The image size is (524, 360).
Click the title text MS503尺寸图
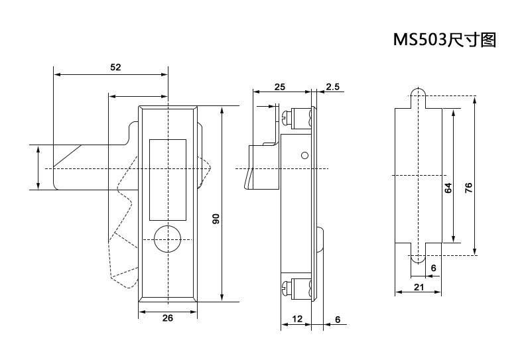click(x=445, y=40)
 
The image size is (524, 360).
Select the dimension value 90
click(x=216, y=219)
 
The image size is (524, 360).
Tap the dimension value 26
click(x=167, y=318)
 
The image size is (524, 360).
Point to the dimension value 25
click(x=279, y=87)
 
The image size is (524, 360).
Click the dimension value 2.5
click(x=332, y=87)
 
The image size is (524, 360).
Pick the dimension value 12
click(x=296, y=319)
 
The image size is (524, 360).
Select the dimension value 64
click(x=448, y=188)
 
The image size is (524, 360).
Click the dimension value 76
click(x=468, y=188)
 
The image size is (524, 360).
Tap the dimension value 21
click(x=419, y=286)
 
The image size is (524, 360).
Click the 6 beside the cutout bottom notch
click(x=433, y=267)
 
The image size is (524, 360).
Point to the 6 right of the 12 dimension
click(x=337, y=319)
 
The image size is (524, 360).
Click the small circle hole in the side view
click(x=304, y=156)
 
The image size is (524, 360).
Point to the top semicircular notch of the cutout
click(x=418, y=92)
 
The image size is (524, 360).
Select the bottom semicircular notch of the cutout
click(x=418, y=259)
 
